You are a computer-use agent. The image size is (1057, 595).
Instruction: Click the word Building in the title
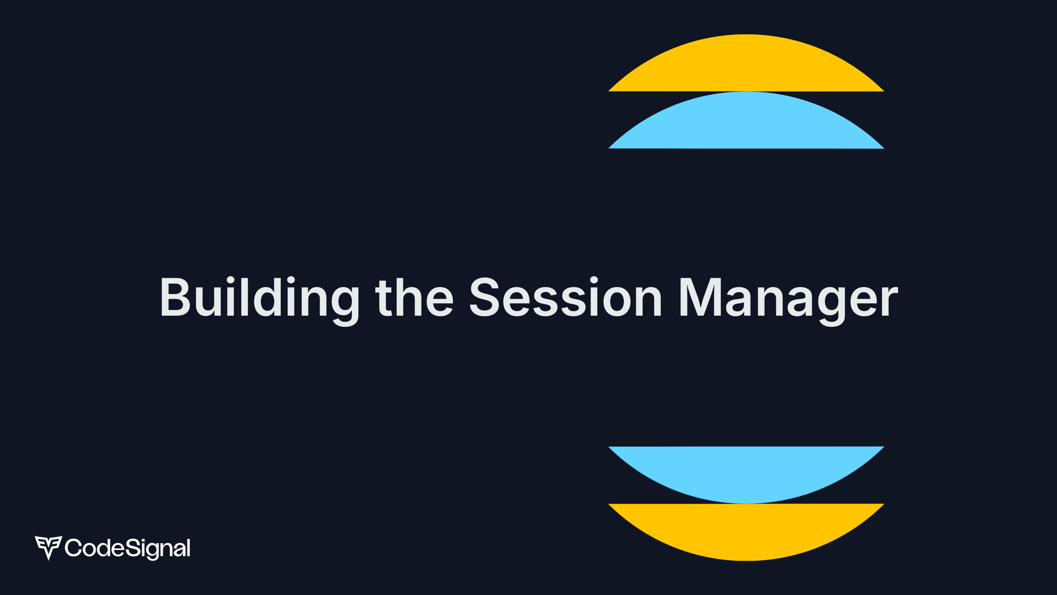259,297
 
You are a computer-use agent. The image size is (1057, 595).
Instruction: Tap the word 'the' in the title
414,297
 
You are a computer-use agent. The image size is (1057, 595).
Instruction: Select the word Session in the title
566,297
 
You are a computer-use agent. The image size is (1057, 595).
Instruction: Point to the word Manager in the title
788,297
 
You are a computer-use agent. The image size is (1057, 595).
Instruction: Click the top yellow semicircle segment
746,66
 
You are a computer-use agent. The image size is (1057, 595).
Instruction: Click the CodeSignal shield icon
48,547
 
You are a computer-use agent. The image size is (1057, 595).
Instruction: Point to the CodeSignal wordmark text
128,548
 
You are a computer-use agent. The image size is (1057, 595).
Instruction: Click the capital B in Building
175,297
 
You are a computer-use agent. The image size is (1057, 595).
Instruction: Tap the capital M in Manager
700,297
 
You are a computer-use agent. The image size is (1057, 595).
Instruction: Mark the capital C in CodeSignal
73,548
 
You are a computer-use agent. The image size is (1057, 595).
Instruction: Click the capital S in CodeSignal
133,548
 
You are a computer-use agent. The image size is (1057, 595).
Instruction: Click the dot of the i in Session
594,281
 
